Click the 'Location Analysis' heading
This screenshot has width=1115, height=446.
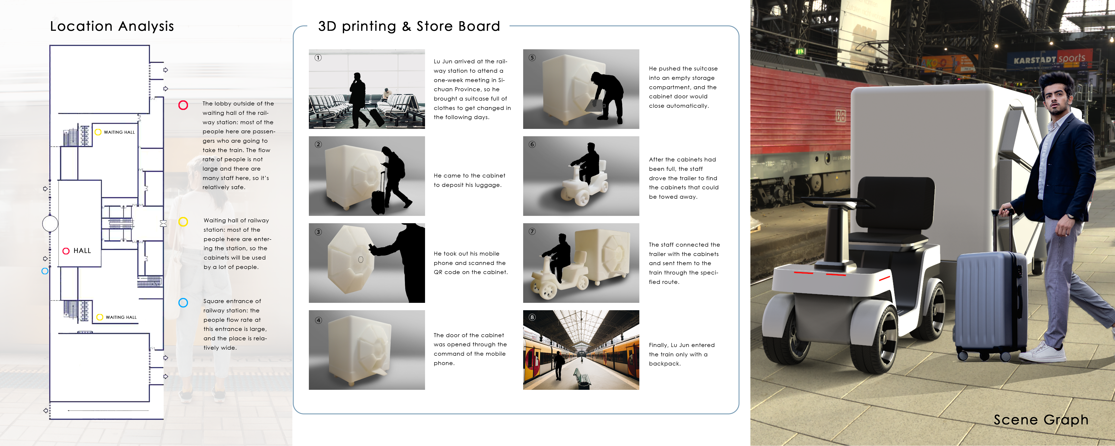click(112, 26)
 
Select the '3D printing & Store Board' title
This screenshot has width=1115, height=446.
click(409, 26)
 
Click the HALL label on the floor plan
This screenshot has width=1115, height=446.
click(82, 251)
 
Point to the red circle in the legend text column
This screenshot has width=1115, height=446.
click(183, 105)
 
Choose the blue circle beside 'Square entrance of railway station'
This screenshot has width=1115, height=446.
click(183, 303)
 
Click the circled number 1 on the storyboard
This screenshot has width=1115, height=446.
click(318, 58)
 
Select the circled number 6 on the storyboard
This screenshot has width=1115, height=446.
click(532, 144)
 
